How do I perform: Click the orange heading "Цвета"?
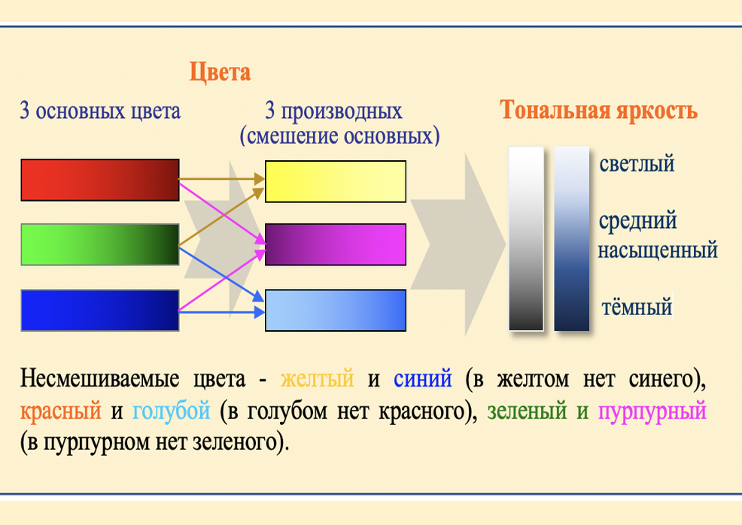(x=219, y=73)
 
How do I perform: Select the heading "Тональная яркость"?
(x=599, y=111)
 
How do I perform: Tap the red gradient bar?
(x=100, y=180)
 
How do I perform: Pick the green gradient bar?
(x=100, y=244)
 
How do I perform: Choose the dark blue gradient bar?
(x=100, y=310)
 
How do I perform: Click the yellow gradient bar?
(x=336, y=181)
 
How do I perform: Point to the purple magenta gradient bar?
(x=336, y=244)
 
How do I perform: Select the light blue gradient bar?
(x=336, y=310)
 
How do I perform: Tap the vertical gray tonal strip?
(x=526, y=238)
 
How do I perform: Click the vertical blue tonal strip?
(x=572, y=238)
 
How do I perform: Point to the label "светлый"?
(x=637, y=163)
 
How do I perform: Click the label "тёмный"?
(x=637, y=307)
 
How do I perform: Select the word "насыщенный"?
(x=657, y=249)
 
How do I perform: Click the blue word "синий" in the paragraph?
(x=423, y=378)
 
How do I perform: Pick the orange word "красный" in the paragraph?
(x=61, y=411)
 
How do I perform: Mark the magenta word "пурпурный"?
(x=652, y=411)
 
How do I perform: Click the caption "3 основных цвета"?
(x=100, y=112)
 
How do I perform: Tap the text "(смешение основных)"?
(x=339, y=136)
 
